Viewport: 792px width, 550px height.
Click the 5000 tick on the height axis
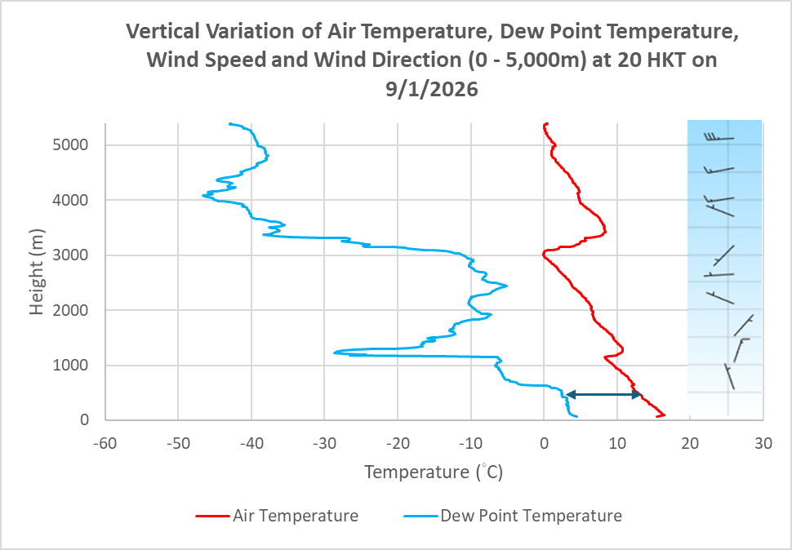tap(73, 144)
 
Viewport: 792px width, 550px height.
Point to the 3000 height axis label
tap(73, 255)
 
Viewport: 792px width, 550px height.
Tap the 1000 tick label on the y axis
tap(73, 365)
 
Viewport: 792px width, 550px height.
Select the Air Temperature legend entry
tap(278, 516)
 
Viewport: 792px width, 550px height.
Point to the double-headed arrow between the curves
tap(603, 394)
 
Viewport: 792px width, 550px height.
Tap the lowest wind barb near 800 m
tap(729, 376)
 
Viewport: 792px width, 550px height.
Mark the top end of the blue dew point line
tap(230, 124)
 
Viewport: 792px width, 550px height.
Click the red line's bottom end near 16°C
tap(664, 415)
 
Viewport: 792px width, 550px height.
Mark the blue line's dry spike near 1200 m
tap(336, 353)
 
